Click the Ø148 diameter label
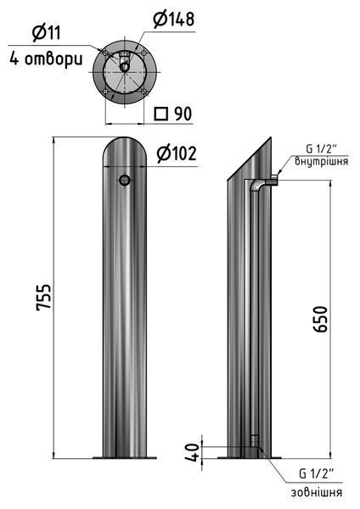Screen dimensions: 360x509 coord(174,20)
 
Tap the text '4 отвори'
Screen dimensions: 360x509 coord(46,59)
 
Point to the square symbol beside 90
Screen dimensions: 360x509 coord(160,114)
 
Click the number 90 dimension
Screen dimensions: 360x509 coord(183,114)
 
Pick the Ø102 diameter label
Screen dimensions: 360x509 coord(177,154)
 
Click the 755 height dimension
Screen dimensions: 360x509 coord(44,298)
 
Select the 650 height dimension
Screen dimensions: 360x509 coord(321,319)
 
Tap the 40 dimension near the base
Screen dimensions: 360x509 coord(193,452)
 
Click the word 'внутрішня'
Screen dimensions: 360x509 coord(322,161)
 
